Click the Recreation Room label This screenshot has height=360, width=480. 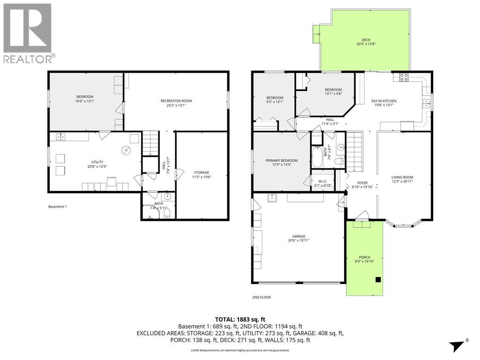click(176, 101)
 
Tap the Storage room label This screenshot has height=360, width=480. click(202, 172)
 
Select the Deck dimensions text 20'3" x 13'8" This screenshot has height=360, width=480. click(366, 44)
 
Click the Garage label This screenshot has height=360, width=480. click(299, 236)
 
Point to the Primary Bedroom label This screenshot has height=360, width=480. click(282, 160)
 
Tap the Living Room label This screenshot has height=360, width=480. click(402, 177)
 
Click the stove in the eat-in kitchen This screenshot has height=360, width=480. click(404, 77)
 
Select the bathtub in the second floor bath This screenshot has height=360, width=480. click(317, 157)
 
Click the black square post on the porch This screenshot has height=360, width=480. click(378, 279)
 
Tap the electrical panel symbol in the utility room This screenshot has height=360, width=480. click(126, 150)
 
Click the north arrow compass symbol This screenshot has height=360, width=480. click(458, 345)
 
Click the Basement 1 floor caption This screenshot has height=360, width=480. click(58, 207)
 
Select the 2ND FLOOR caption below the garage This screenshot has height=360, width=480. click(262, 297)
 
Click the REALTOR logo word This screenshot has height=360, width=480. click(28, 59)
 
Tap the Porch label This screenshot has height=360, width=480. click(364, 257)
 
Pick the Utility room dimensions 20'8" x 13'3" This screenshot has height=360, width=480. click(97, 166)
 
